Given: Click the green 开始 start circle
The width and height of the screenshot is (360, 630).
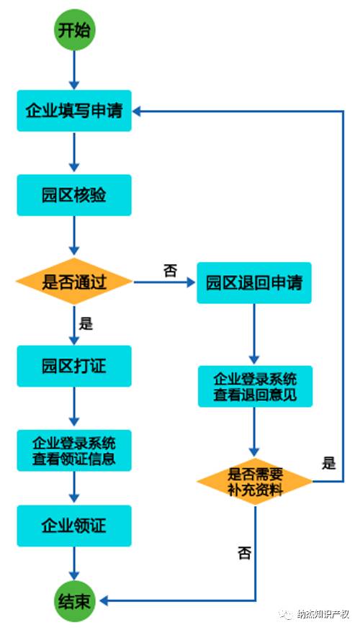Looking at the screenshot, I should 74,31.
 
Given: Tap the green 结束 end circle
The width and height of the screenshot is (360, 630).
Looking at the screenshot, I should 74,600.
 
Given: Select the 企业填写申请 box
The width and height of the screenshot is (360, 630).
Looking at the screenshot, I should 74,111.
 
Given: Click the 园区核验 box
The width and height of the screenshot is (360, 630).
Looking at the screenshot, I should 74,195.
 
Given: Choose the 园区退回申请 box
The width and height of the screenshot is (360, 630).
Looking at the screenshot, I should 254,282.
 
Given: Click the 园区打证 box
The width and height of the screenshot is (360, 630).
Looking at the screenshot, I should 74,366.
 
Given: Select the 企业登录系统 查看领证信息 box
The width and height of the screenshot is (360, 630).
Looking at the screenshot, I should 74,450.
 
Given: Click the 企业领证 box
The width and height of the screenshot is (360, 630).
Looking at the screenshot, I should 74,526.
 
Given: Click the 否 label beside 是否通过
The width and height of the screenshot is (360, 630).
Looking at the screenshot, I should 170,270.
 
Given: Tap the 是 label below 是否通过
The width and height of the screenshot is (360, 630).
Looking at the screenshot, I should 86,323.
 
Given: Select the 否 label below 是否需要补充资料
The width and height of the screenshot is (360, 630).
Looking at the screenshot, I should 244,553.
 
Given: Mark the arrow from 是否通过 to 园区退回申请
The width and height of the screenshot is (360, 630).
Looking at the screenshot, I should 164,282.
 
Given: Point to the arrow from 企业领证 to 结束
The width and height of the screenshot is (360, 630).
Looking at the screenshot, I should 74,563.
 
